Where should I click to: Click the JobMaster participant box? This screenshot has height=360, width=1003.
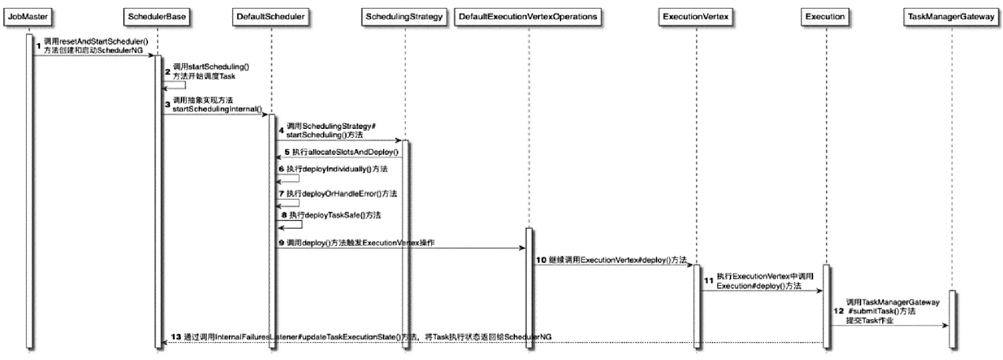28,16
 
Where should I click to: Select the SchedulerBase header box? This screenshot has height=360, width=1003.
157,16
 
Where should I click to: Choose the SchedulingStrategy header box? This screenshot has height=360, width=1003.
404,16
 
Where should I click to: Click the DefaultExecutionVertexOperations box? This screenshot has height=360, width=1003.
528,16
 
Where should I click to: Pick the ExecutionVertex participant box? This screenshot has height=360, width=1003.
696,16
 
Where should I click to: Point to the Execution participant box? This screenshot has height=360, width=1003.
825,16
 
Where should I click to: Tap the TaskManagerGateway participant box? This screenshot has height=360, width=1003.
951,16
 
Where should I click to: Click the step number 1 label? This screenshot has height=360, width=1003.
38,46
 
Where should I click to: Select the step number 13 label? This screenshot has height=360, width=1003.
176,337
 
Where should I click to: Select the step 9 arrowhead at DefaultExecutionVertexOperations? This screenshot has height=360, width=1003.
523,248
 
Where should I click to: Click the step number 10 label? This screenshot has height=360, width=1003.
541,260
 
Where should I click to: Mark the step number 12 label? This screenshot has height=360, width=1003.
839,311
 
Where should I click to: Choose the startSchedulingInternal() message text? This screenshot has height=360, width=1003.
217,109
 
